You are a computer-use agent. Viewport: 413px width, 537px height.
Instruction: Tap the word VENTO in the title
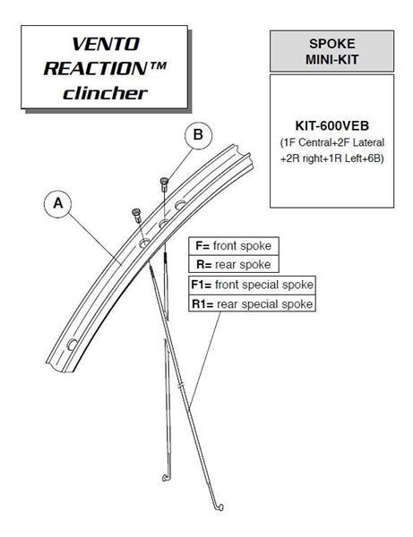tap(106, 44)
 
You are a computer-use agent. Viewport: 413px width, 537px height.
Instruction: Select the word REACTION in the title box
tap(96, 68)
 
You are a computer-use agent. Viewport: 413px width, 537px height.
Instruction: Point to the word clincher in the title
tap(105, 93)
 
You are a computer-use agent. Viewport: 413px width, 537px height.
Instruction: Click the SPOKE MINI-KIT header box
tap(331, 51)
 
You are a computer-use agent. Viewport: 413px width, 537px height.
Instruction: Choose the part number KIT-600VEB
tap(332, 125)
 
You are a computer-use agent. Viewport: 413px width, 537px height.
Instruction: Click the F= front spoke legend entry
tap(234, 246)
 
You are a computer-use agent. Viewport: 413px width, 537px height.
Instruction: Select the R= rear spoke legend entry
tap(234, 264)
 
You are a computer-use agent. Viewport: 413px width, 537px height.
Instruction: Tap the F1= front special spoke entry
tap(252, 285)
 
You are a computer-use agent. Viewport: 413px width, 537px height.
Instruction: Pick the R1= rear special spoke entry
tap(252, 303)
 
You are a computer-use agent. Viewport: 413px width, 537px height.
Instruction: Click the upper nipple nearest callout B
tap(165, 184)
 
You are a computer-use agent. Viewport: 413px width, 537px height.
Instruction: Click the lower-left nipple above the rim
tap(137, 215)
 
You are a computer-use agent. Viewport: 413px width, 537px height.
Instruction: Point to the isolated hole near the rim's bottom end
tap(72, 344)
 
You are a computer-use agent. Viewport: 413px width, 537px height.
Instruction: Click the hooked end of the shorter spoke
tap(166, 477)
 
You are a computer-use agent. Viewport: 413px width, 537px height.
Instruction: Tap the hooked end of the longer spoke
tap(219, 507)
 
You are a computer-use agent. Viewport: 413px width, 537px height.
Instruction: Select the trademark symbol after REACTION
tap(158, 65)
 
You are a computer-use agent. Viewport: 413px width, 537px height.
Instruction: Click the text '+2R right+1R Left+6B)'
tap(331, 158)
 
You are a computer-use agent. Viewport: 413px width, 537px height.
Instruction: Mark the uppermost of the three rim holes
tap(180, 205)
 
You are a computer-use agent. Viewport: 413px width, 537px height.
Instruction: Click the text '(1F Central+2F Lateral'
tap(331, 142)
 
